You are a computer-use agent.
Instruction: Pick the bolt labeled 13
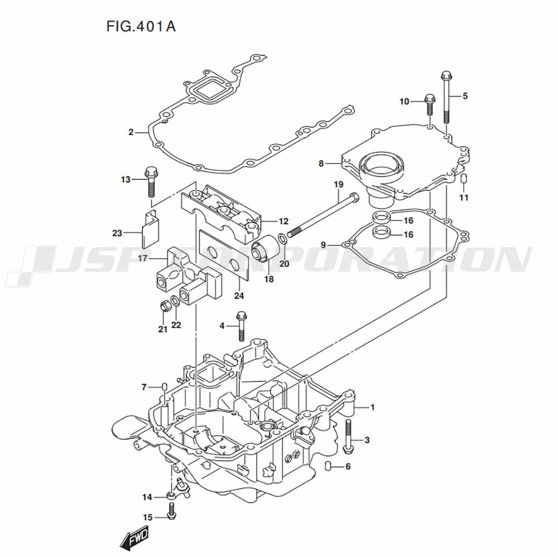click(x=151, y=181)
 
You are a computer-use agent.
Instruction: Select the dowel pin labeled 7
click(x=164, y=387)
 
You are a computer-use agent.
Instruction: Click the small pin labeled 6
click(x=329, y=466)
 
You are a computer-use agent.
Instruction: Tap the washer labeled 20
click(x=282, y=239)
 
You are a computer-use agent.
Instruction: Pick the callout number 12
click(x=283, y=220)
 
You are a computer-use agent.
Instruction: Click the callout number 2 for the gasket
click(x=131, y=132)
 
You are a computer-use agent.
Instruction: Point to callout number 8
click(x=321, y=163)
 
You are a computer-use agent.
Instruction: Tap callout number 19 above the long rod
click(x=338, y=185)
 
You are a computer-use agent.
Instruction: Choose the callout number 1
click(x=372, y=407)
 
